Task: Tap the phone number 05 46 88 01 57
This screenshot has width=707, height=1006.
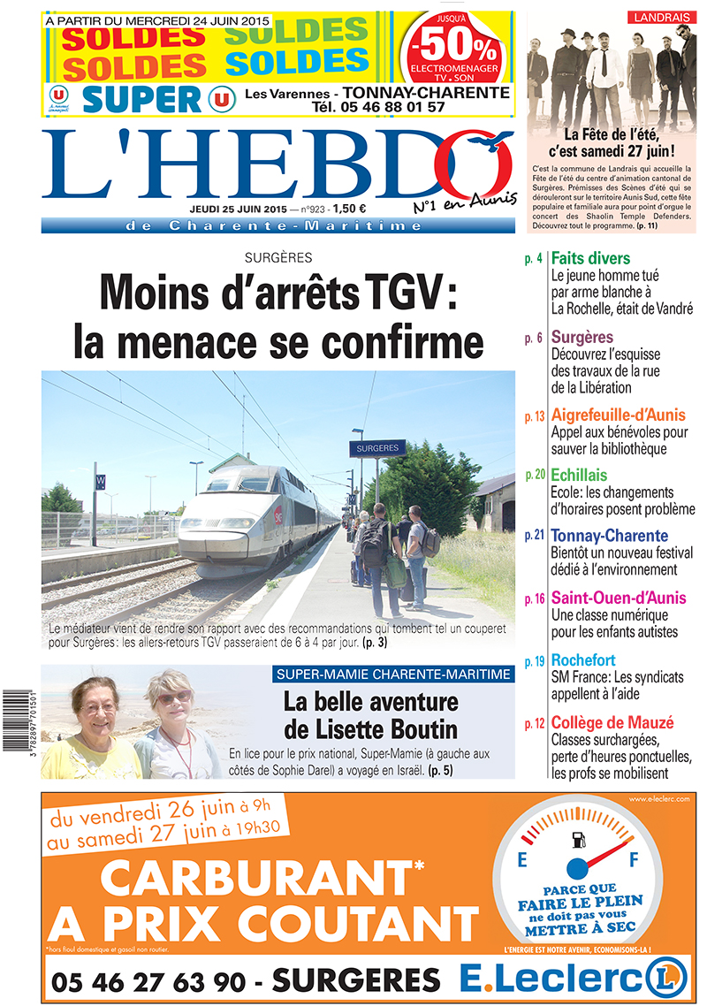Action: (x=378, y=107)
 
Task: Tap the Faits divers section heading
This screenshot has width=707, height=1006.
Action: (x=590, y=259)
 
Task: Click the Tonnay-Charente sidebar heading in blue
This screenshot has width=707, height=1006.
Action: (x=609, y=536)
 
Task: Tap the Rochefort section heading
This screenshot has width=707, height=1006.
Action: (x=583, y=660)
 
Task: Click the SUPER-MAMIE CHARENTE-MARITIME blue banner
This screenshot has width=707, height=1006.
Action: (x=393, y=674)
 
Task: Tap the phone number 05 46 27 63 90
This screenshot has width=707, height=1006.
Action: (x=156, y=980)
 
